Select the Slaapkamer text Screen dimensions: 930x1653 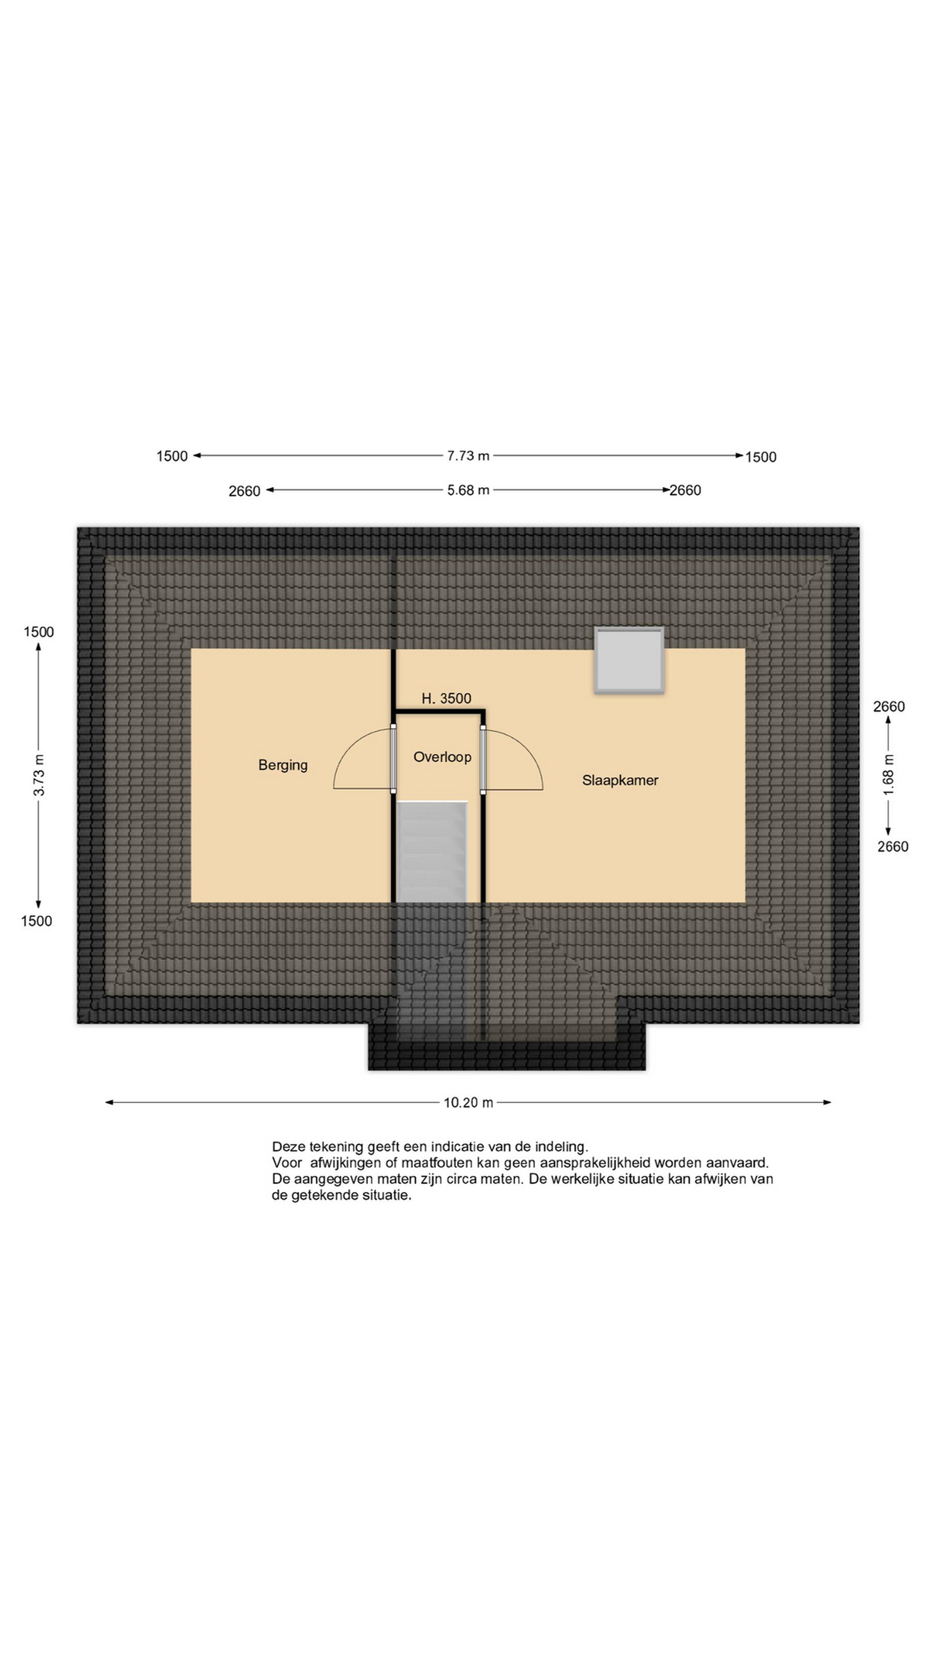click(x=620, y=780)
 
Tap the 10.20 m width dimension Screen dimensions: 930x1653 click(x=469, y=1102)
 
